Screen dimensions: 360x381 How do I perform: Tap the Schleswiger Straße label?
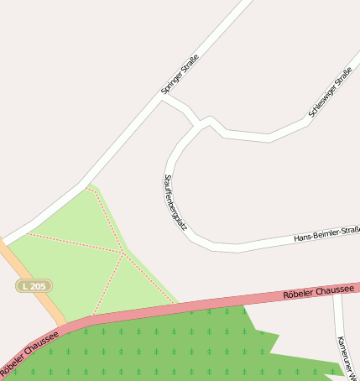pyautogui.click(x=330, y=93)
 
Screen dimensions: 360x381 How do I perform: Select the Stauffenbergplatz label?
pyautogui.click(x=175, y=202)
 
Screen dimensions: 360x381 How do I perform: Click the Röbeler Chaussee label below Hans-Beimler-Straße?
pyautogui.click(x=319, y=291)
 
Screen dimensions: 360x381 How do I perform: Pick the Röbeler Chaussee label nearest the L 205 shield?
pyautogui.click(x=29, y=353)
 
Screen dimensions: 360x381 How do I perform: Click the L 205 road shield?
pyautogui.click(x=34, y=286)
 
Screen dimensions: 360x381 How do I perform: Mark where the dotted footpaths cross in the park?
pyautogui.click(x=124, y=252)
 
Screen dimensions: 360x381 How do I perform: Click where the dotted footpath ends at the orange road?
pyautogui.click(x=28, y=233)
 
